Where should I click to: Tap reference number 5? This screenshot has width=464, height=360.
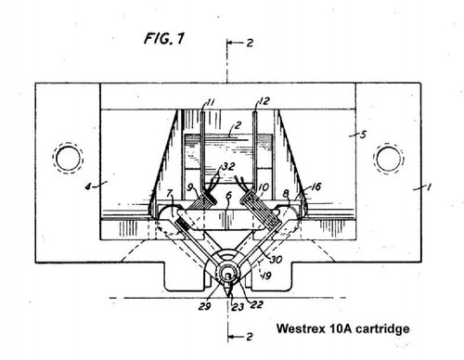pos(363,135)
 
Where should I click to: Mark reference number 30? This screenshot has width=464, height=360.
pos(277,247)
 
